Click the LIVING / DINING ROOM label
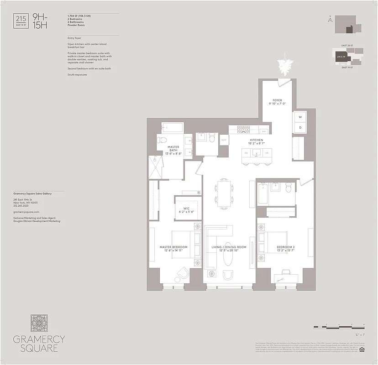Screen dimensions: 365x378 tap(229, 248)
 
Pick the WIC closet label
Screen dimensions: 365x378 tap(186, 209)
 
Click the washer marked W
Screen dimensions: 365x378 tap(300, 117)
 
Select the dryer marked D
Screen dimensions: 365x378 tap(300, 127)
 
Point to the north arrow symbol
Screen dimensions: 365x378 tap(329, 19)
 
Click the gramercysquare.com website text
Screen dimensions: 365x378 tap(26, 212)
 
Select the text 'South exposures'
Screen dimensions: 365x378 tap(77, 74)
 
